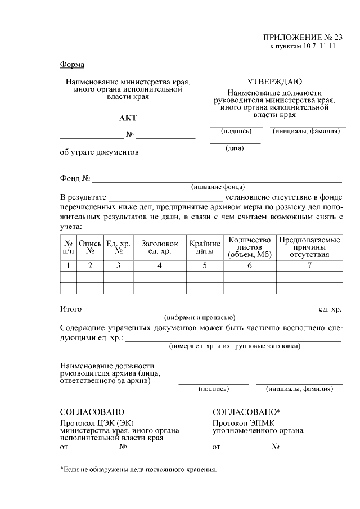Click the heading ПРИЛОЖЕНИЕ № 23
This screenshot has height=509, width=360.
(x=303, y=38)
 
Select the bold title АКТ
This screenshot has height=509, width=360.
(x=128, y=118)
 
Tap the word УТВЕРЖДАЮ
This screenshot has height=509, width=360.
(x=274, y=82)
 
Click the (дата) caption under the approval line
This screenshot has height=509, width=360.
(x=235, y=148)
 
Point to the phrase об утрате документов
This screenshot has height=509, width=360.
(x=99, y=152)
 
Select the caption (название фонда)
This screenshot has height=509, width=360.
(x=217, y=187)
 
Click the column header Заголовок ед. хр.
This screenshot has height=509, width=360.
(x=160, y=247)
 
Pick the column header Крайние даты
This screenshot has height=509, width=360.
(x=205, y=247)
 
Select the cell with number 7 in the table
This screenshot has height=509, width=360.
(x=309, y=266)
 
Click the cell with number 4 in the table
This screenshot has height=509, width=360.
(x=160, y=266)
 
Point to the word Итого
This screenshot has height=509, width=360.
(x=71, y=309)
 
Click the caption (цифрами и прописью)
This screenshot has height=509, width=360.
(x=200, y=317)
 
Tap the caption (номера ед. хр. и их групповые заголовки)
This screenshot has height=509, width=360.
(x=235, y=346)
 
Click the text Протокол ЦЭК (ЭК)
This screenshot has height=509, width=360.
(x=97, y=422)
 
